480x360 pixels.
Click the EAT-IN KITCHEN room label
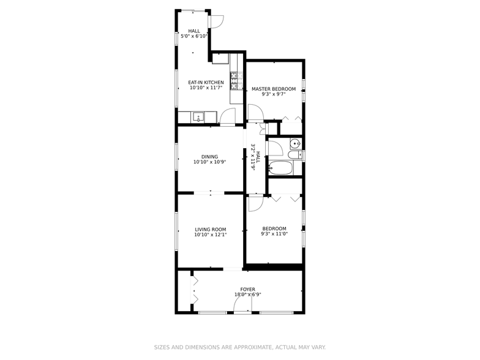(206, 83)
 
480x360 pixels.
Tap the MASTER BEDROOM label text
(274, 89)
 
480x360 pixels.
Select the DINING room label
(209, 157)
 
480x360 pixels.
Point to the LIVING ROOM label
(211, 230)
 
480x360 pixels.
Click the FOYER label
(247, 289)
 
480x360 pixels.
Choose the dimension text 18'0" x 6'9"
(247, 294)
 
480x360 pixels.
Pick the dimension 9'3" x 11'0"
(274, 234)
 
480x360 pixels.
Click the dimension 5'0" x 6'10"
(194, 36)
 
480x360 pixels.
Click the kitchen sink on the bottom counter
(198, 117)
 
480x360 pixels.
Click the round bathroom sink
(295, 144)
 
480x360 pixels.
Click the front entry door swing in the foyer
(243, 307)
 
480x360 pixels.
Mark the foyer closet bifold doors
(195, 290)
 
